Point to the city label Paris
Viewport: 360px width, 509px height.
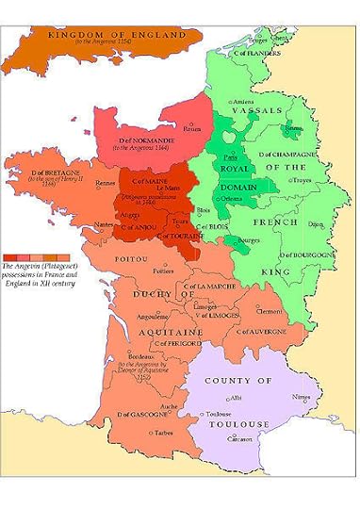[x=229, y=158]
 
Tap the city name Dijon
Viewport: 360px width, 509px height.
[x=314, y=223]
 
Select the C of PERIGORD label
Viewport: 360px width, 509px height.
[x=172, y=344]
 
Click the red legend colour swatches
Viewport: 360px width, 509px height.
[x=29, y=256]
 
